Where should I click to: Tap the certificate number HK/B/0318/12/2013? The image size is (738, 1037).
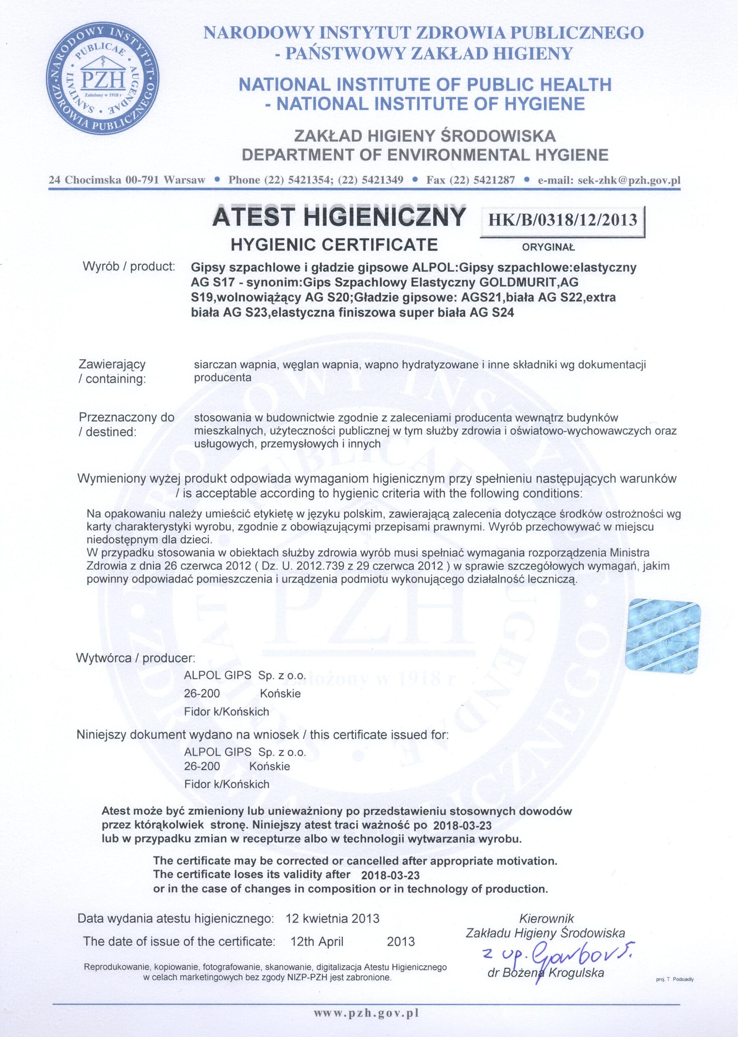[x=562, y=220]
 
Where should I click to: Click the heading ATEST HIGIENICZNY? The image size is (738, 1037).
[x=339, y=217]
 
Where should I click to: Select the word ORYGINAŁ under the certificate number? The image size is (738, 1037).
[x=549, y=248]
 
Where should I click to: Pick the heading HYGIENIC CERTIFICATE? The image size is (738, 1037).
[x=334, y=245]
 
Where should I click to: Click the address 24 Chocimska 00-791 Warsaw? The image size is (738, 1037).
[x=127, y=179]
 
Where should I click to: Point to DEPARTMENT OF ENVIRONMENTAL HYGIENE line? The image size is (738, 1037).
[x=425, y=156]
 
